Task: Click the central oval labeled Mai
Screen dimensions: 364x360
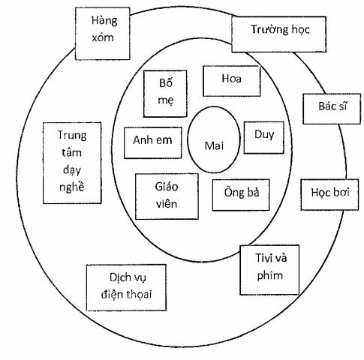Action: pos(214,139)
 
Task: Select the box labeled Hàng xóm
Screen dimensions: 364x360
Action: pos(103,34)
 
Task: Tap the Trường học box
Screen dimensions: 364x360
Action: pos(278,34)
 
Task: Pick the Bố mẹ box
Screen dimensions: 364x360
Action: pos(165,94)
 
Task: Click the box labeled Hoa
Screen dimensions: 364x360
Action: pos(232,81)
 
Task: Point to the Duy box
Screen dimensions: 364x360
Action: pos(264,137)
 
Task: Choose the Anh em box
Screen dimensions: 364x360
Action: pos(153,142)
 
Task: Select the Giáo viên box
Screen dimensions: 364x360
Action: pos(167,196)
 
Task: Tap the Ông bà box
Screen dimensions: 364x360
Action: pos(241,195)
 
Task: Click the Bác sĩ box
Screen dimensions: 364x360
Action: pos(332,109)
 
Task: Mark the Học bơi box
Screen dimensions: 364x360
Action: pos(329,194)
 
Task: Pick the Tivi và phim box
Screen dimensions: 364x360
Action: pos(269,270)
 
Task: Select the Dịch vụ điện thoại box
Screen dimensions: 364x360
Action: pos(126,287)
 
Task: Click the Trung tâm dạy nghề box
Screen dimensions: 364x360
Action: pos(72,163)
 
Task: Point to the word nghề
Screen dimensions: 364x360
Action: pos(71,187)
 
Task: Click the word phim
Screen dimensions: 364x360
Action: pos(270,275)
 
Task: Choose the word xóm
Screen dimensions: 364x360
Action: pos(103,37)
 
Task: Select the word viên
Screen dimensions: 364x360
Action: pos(167,204)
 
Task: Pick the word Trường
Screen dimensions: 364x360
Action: pos(266,29)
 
